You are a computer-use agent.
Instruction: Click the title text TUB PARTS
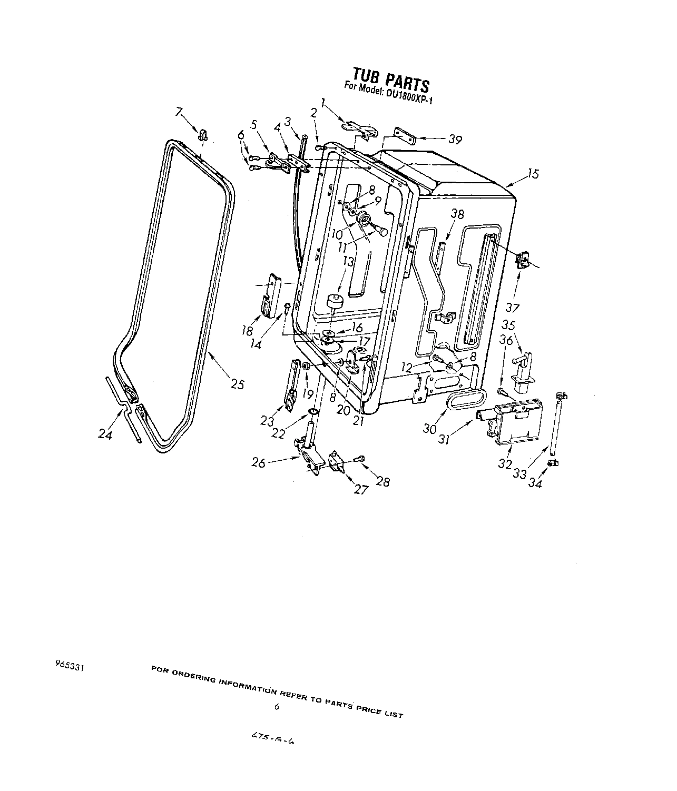(390, 78)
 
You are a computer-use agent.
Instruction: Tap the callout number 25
(237, 384)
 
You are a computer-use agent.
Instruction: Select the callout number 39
(455, 140)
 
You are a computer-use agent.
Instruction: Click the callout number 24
(105, 435)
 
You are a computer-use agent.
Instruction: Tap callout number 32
(505, 464)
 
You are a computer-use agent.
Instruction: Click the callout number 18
(247, 331)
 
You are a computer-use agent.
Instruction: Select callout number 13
(347, 261)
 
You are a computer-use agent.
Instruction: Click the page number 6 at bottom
(276, 707)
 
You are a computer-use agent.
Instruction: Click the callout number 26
(259, 463)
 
